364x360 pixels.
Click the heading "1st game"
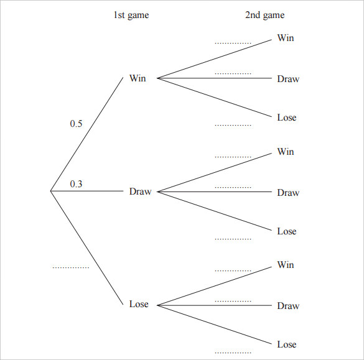click(x=131, y=16)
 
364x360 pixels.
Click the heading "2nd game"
click(x=264, y=16)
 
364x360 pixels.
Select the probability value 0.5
click(x=76, y=124)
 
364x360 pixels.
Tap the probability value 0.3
click(x=76, y=183)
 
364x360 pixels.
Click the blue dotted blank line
click(x=71, y=268)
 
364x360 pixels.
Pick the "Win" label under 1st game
click(x=138, y=78)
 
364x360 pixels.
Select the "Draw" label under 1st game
click(x=140, y=192)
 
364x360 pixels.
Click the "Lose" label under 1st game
click(x=139, y=304)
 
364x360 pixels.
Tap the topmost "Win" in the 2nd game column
click(x=286, y=38)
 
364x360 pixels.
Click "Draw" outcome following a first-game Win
click(x=288, y=79)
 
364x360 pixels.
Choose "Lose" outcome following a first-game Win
click(x=287, y=118)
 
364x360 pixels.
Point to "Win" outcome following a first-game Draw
click(x=286, y=152)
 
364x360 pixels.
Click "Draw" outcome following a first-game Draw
click(x=288, y=193)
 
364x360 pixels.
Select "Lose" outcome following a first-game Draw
click(x=287, y=231)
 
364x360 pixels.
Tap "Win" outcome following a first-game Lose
click(x=286, y=265)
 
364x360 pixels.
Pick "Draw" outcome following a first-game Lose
click(x=288, y=306)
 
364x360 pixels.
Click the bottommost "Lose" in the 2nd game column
click(x=287, y=344)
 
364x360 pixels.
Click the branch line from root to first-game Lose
click(x=87, y=247)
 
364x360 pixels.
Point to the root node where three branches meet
click(x=50, y=192)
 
